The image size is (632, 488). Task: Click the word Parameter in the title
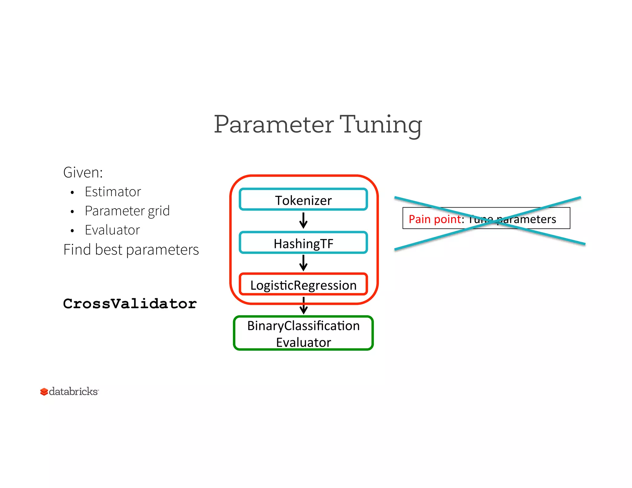point(274,124)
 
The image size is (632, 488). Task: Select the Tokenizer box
point(303,200)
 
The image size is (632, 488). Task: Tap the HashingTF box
point(303,243)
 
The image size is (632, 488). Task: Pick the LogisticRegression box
point(303,285)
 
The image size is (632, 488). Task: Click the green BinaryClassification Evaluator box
point(303,333)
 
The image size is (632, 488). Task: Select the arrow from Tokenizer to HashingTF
point(303,221)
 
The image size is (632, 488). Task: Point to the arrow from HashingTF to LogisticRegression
point(303,263)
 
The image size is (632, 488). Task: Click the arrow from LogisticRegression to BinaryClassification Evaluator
point(304,306)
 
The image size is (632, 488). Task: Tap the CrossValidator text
point(130,304)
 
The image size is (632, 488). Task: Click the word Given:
point(83,172)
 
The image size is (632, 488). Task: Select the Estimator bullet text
point(113,192)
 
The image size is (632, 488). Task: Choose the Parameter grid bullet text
point(127,211)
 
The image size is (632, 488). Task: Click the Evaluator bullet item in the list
point(112,230)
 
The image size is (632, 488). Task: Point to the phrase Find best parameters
point(131,250)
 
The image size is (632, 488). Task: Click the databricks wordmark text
point(73,391)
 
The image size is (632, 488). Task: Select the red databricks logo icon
point(44,392)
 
